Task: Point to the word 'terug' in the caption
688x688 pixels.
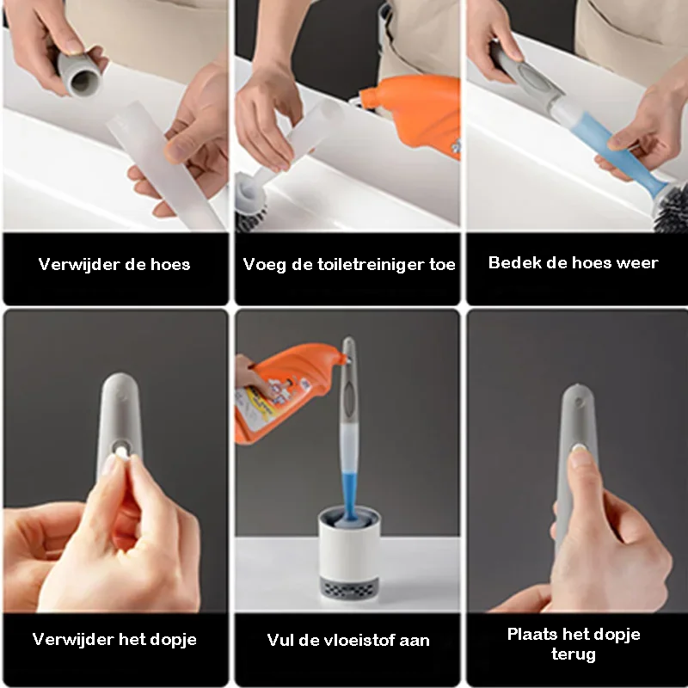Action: point(574,654)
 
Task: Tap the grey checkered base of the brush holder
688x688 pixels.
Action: point(349,587)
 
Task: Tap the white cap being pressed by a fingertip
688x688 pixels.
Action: point(580,448)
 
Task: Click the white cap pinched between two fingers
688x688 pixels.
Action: point(121,452)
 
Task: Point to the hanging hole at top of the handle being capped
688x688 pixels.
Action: point(579,402)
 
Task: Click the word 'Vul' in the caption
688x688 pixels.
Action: point(280,640)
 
